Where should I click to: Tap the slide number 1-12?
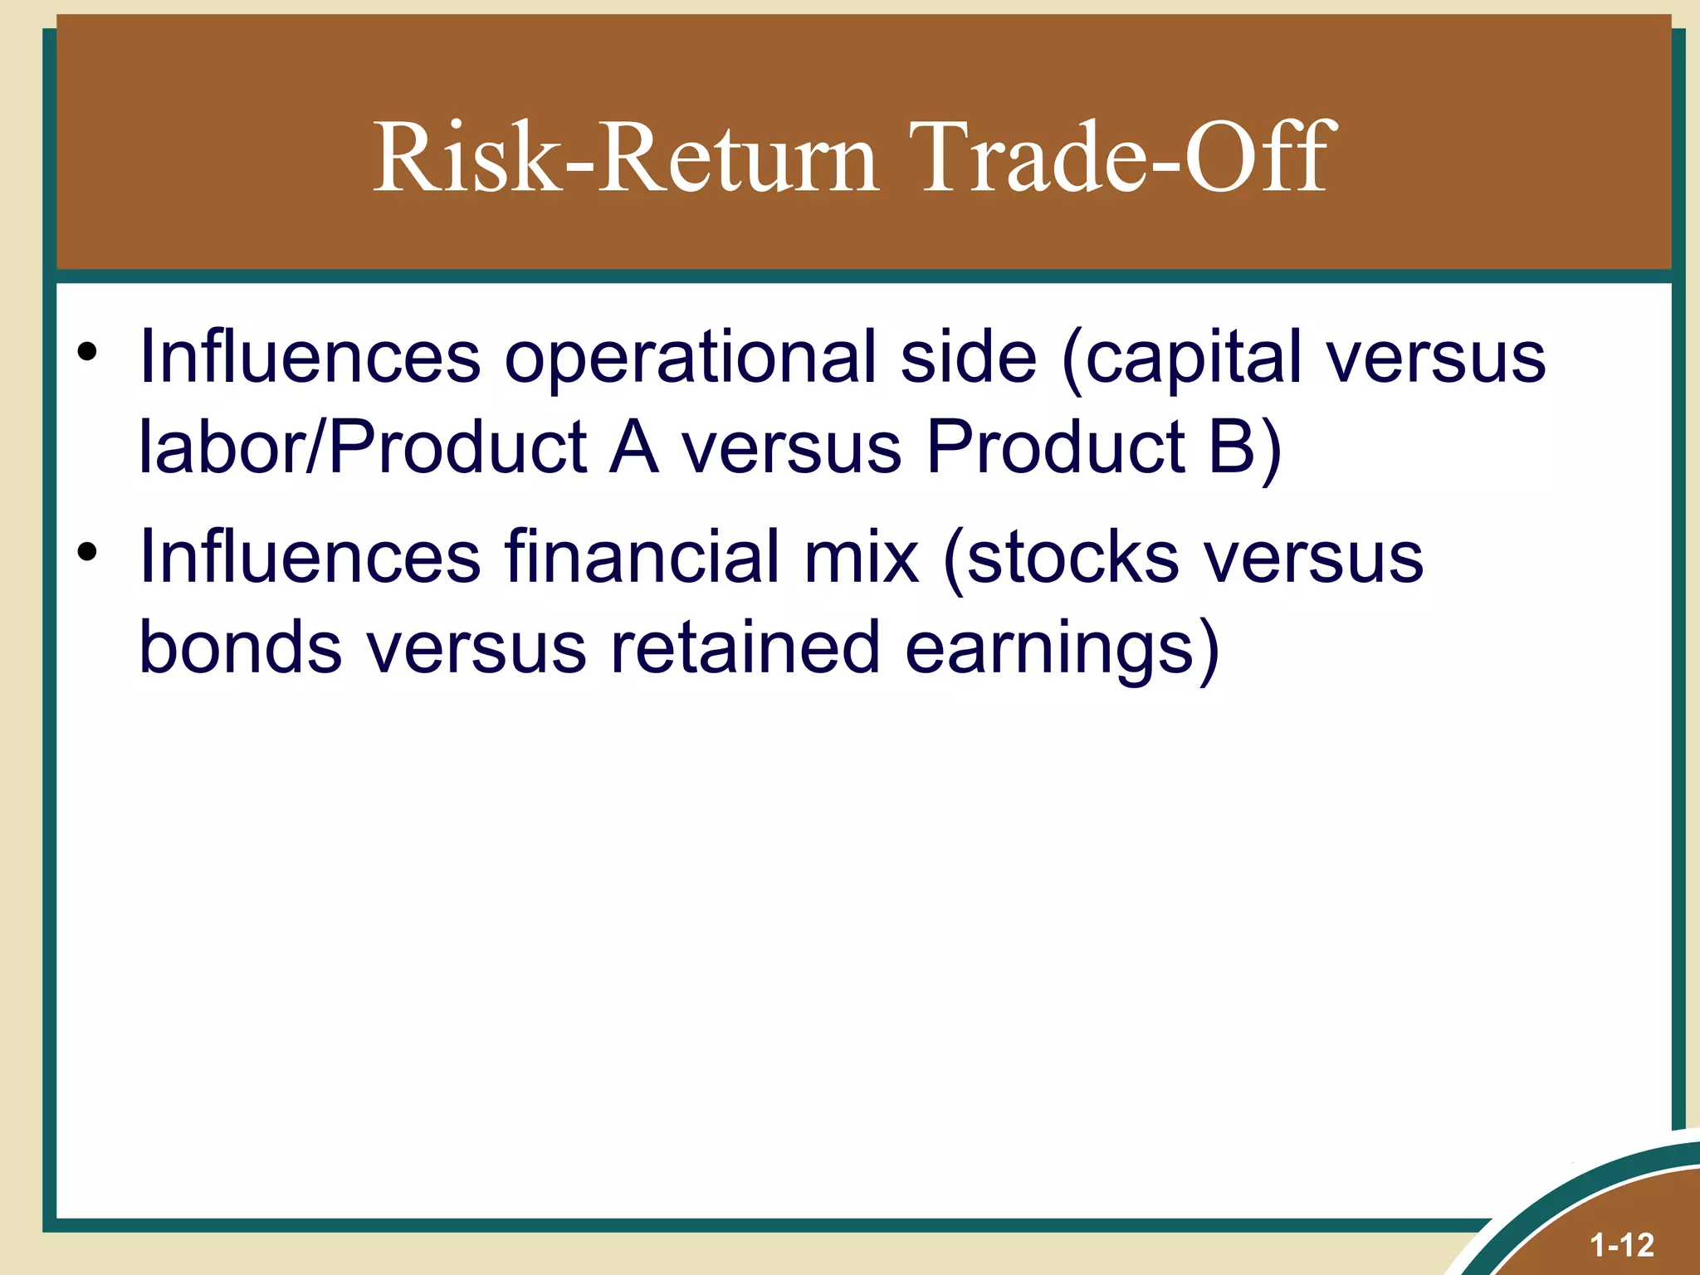[1621, 1245]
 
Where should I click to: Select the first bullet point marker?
[86, 353]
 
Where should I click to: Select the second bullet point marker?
[86, 552]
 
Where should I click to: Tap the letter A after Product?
[633, 448]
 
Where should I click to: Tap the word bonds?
[240, 647]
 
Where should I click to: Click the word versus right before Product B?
[791, 448]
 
